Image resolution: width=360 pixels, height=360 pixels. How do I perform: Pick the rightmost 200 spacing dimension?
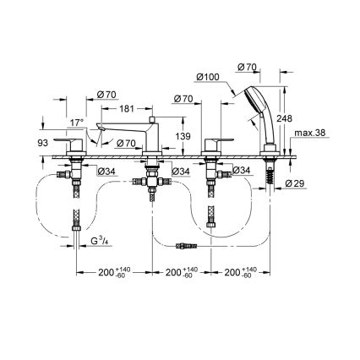click(x=237, y=272)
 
